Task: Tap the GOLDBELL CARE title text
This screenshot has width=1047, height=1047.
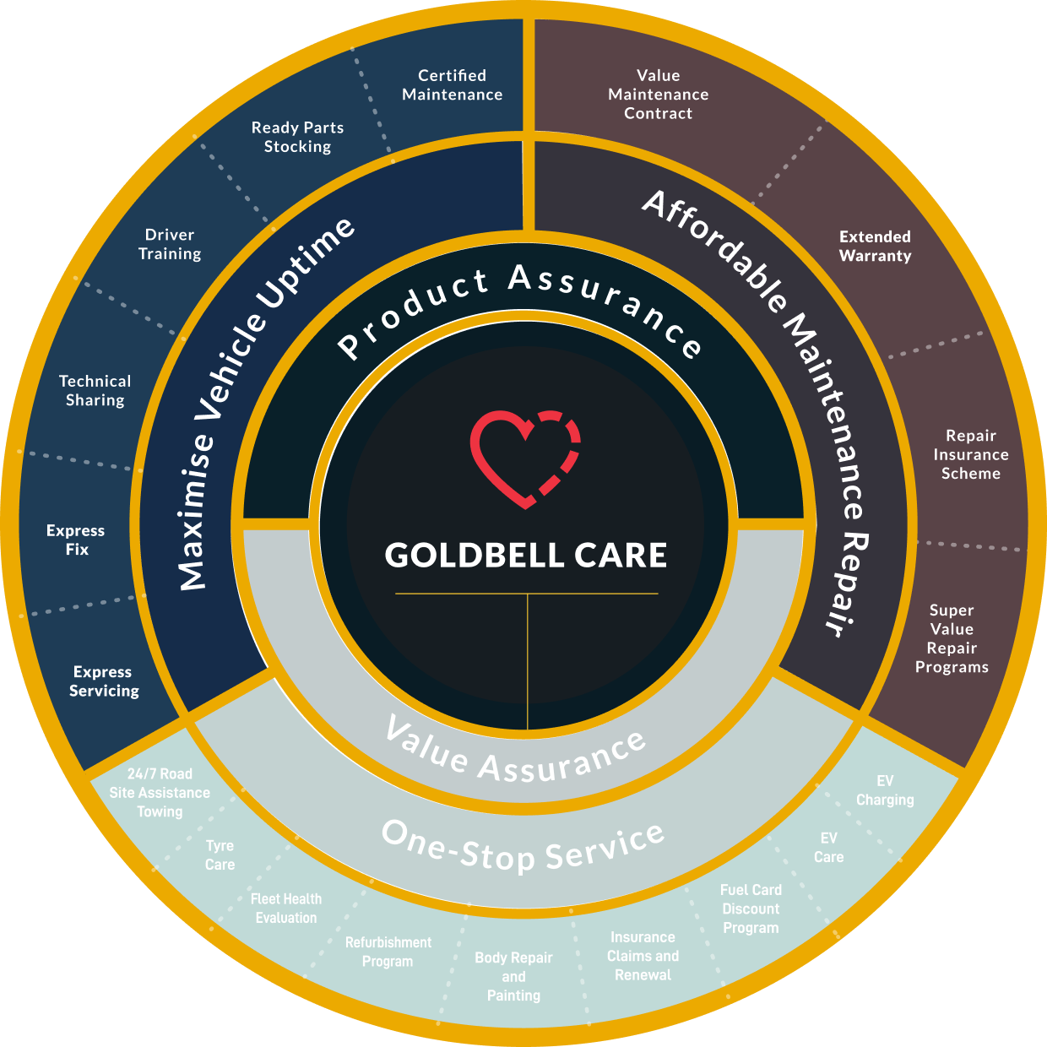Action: (x=525, y=556)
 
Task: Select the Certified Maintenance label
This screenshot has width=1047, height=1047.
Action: (x=453, y=85)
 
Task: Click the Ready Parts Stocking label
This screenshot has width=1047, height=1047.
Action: (x=298, y=137)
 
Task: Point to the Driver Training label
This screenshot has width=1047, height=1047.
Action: (x=170, y=244)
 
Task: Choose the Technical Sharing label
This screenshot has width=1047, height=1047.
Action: (x=95, y=390)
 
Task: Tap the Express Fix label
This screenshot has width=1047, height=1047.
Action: (x=76, y=540)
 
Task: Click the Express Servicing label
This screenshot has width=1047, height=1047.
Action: (x=104, y=681)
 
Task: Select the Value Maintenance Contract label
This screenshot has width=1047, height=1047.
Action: (x=659, y=94)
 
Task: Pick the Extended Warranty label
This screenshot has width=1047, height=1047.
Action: (x=876, y=246)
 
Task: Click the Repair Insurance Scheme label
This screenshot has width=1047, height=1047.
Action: (x=971, y=454)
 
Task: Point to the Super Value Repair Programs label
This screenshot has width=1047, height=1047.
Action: (x=952, y=638)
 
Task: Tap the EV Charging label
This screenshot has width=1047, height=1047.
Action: (x=885, y=790)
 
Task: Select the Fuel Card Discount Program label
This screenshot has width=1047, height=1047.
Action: (x=751, y=909)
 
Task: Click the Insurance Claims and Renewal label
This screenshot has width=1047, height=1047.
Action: (x=643, y=956)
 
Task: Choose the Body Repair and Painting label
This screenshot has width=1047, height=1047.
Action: (x=513, y=976)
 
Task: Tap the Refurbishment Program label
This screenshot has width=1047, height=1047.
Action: (x=388, y=952)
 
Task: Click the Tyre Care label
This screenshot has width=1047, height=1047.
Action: (x=220, y=854)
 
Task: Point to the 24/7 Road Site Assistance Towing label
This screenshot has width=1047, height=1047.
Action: (x=160, y=793)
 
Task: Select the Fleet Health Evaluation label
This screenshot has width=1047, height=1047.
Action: (x=286, y=909)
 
